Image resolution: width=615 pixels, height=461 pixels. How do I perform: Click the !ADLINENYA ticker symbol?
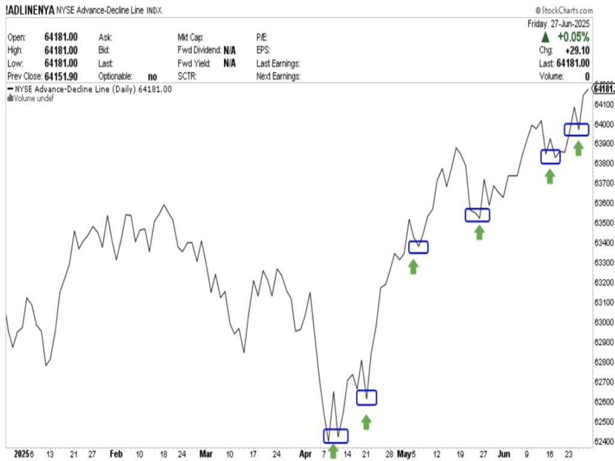point(30,10)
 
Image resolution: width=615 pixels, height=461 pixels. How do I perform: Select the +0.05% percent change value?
point(574,37)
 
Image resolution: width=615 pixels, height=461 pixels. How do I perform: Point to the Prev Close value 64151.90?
point(61,76)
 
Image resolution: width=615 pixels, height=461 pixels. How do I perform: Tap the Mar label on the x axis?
point(207,453)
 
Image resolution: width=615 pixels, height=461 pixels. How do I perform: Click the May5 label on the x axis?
point(407,453)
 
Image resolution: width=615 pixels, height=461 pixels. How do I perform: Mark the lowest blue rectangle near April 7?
point(335,436)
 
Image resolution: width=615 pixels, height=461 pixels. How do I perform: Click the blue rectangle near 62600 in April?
point(366,397)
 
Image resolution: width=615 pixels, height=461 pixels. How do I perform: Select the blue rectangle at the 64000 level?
point(576,130)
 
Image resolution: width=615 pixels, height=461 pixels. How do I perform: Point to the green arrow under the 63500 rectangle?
point(479,232)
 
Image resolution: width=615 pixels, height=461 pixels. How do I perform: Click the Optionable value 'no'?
point(153,76)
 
